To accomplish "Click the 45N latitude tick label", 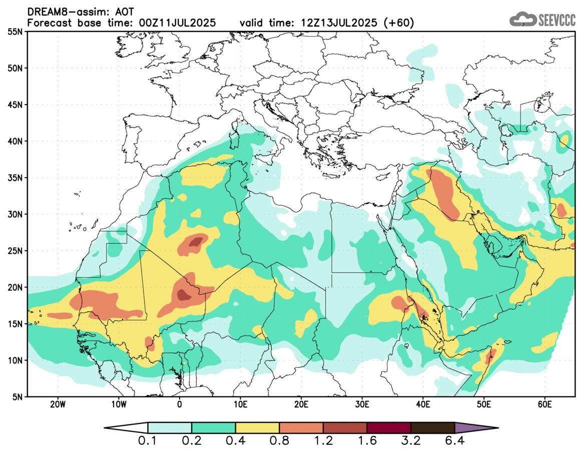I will point(16,105).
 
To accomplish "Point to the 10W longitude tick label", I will point(118,404).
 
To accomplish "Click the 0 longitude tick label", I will point(179,404).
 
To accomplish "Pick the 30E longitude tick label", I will point(362,404).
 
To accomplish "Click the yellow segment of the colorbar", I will point(257,428).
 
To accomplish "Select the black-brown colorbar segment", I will point(432,428).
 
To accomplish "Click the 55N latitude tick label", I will point(16,32).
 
